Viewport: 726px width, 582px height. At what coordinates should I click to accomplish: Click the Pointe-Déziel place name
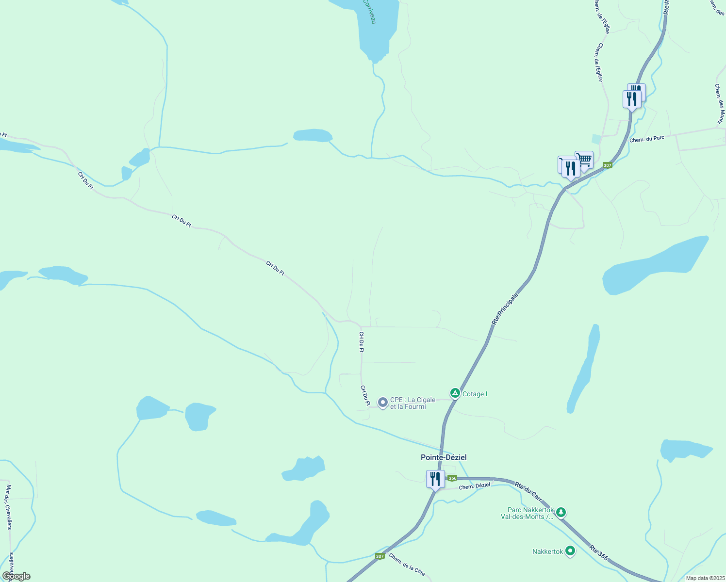444,457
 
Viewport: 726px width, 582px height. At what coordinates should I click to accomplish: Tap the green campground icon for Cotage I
455,393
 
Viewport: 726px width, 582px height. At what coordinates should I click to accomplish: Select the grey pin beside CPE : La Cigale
383,402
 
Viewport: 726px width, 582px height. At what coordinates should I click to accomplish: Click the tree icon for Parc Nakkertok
561,512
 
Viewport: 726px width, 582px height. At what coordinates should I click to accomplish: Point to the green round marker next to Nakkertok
570,551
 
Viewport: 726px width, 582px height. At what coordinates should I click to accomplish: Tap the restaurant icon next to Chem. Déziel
435,479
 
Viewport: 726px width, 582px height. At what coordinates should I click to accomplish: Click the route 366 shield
452,478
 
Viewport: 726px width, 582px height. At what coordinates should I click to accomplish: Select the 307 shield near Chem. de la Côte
380,556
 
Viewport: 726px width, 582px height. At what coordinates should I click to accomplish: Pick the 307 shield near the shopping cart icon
608,165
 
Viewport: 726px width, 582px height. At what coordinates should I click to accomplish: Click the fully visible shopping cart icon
584,160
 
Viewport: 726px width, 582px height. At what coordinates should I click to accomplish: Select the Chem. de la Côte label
407,565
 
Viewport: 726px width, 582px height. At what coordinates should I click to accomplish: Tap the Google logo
16,576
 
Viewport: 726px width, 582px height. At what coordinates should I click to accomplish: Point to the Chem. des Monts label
720,103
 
